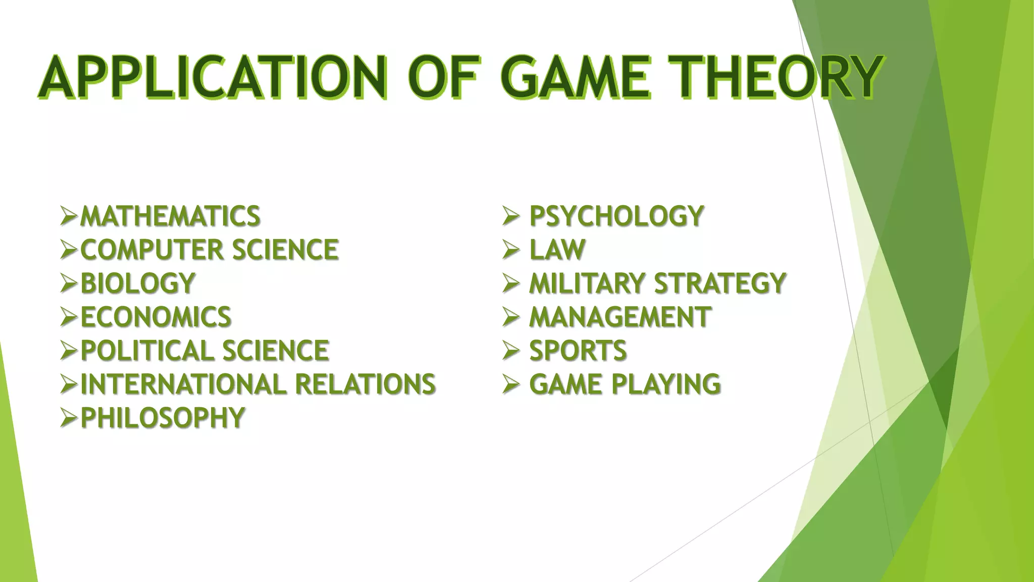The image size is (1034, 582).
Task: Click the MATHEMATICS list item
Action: [x=170, y=216]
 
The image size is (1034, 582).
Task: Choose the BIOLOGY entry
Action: [x=138, y=283]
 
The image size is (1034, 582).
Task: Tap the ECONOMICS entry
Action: [x=156, y=317]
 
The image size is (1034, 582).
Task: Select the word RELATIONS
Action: [x=365, y=384]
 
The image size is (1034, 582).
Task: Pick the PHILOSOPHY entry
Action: [x=163, y=418]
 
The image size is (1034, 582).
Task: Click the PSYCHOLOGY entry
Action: [x=616, y=216]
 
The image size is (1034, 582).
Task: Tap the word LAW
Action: [x=557, y=250]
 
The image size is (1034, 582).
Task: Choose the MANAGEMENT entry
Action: [x=620, y=317]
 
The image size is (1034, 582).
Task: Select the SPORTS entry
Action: [x=578, y=351]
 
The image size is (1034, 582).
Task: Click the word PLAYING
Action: [x=666, y=384]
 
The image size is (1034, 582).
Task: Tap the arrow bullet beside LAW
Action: [x=511, y=250]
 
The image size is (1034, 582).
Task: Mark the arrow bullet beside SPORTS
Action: [x=511, y=351]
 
